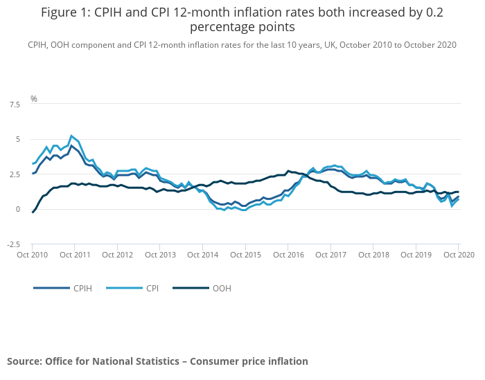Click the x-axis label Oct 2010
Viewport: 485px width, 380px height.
coord(32,254)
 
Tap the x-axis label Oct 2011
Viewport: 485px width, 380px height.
coord(74,254)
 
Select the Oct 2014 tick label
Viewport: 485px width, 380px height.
coord(202,254)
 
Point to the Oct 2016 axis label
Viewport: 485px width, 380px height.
coord(288,254)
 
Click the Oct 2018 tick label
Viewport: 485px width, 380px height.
coord(373,254)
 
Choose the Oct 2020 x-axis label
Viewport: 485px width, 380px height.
coord(457,254)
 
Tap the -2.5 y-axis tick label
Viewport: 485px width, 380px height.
coord(13,244)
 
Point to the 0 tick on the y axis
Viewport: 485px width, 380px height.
coord(19,210)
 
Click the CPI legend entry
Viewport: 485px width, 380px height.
coord(152,288)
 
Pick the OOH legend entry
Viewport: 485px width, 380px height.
coord(220,288)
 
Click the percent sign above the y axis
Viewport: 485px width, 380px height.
coord(34,99)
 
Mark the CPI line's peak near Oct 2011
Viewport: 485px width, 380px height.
coord(71,136)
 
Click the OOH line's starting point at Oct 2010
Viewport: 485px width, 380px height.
coord(33,212)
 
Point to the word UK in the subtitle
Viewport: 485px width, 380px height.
coord(330,44)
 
